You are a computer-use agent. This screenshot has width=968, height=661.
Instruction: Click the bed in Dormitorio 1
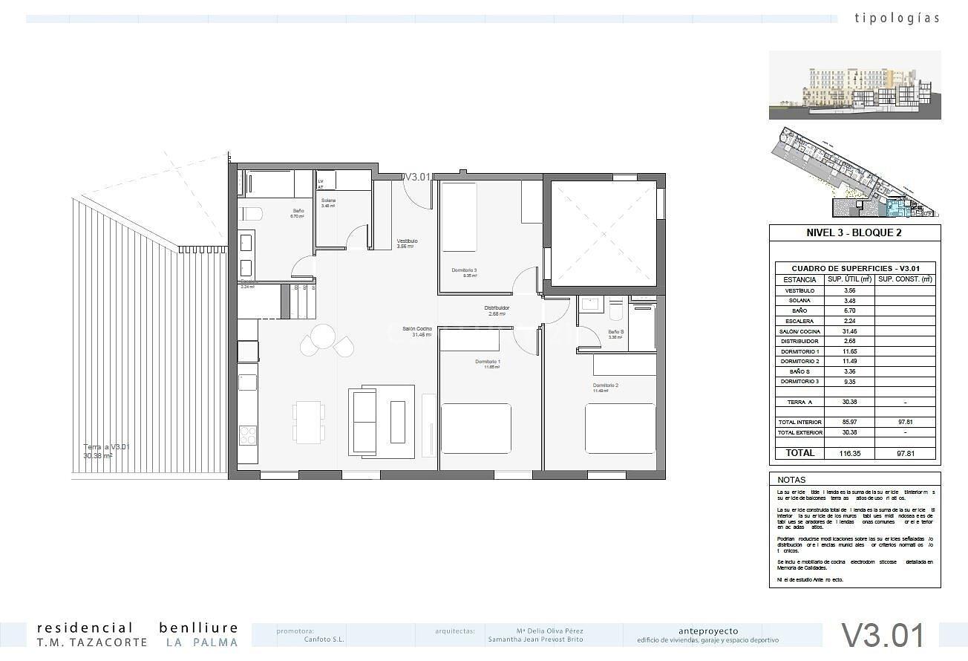pyautogui.click(x=476, y=428)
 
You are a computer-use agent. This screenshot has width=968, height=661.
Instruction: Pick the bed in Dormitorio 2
pyautogui.click(x=620, y=428)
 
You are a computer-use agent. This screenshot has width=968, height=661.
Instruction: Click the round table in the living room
pyautogui.click(x=324, y=337)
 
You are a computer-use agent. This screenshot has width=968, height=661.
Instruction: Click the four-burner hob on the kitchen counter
pyautogui.click(x=248, y=434)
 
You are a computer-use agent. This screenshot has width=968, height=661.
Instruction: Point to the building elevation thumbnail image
pyautogui.click(x=854, y=85)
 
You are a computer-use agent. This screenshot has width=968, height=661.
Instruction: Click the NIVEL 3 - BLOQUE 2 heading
pyautogui.click(x=854, y=232)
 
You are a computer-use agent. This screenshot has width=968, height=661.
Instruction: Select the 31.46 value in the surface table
pyautogui.click(x=849, y=331)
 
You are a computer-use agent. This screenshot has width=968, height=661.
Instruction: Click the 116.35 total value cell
pyautogui.click(x=849, y=452)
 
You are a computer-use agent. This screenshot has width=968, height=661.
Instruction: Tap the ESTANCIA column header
pyautogui.click(x=799, y=280)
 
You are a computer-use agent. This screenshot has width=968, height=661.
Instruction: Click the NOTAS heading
pyautogui.click(x=791, y=480)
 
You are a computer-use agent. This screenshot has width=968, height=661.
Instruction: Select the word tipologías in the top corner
pyautogui.click(x=897, y=18)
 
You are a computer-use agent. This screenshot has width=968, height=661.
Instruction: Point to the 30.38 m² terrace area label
pyautogui.click(x=98, y=456)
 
